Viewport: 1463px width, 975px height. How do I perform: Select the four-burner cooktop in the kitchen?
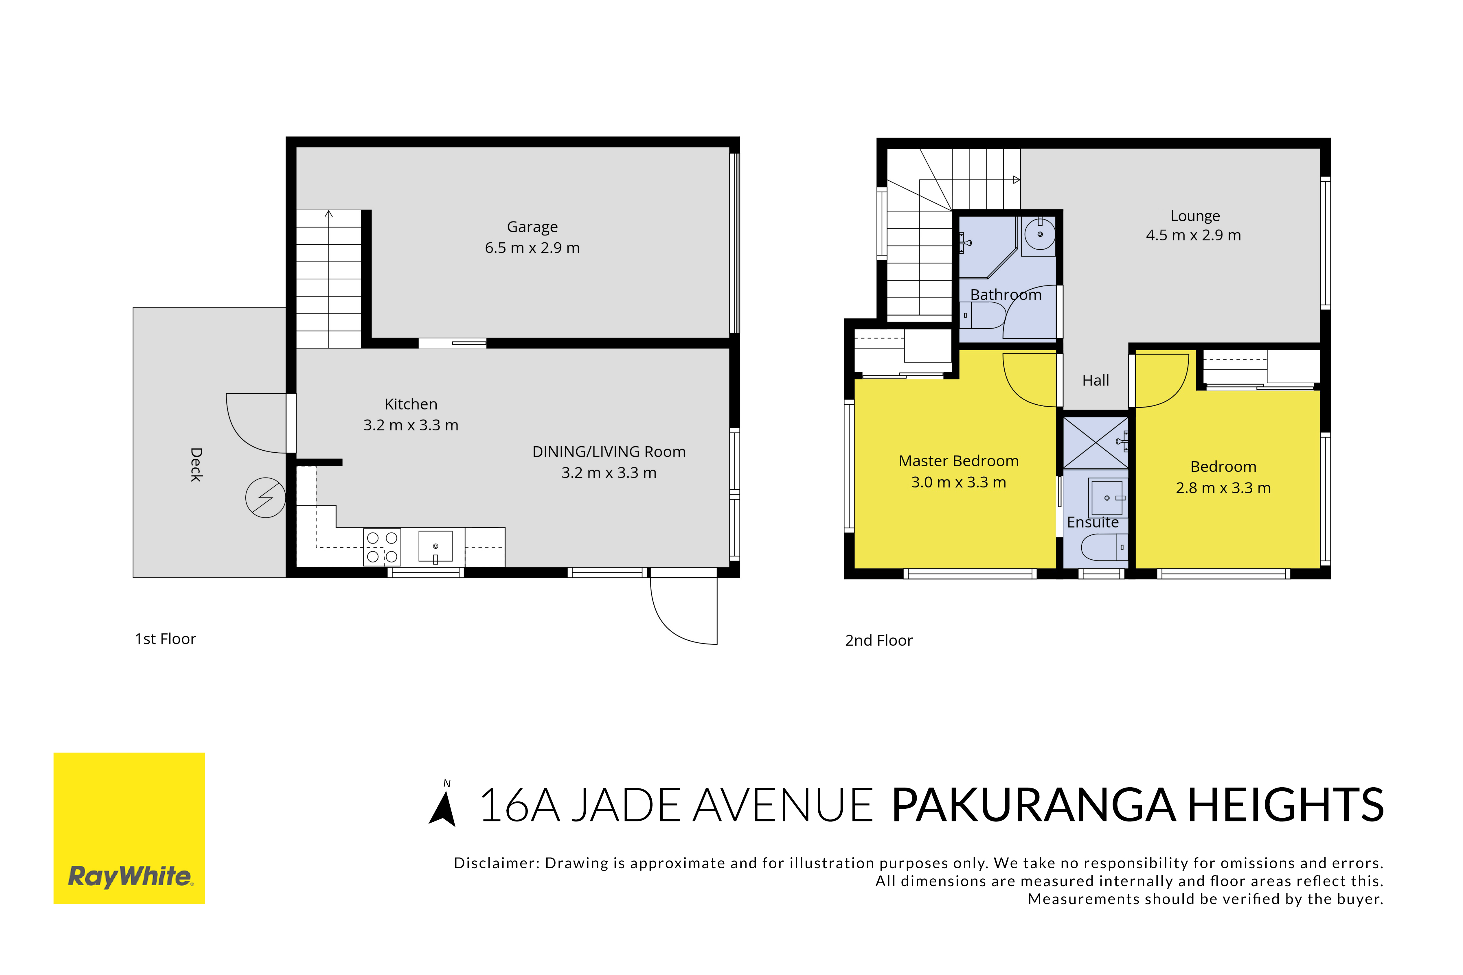[x=382, y=547]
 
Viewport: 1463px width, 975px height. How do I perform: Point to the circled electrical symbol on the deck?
[x=266, y=497]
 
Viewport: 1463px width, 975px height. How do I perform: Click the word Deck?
[x=196, y=465]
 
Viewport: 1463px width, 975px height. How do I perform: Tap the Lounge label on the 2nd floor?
[x=1195, y=216]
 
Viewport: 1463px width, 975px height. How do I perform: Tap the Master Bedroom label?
[x=959, y=461]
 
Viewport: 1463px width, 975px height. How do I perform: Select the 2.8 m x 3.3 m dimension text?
[x=1223, y=488]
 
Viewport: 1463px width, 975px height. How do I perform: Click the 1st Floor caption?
[x=166, y=639]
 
